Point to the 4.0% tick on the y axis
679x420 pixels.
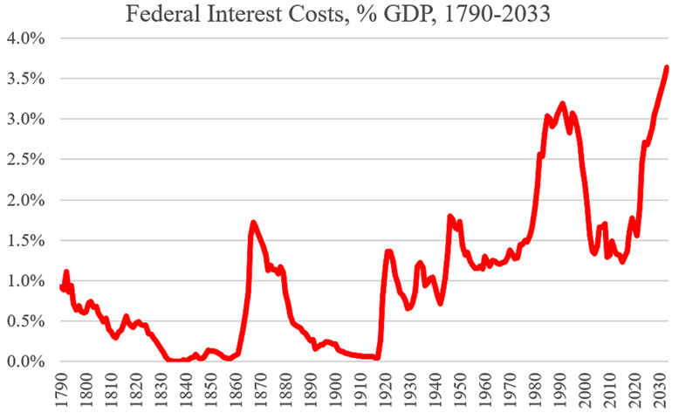point(29,38)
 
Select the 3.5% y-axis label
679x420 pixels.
point(29,79)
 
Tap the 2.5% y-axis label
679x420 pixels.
point(29,160)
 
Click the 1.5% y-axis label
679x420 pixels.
point(29,240)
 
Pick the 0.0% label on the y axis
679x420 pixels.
point(29,361)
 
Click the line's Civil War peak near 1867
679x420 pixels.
point(253,223)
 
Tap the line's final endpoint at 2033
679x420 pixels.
point(667,67)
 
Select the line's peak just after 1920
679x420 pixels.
point(389,251)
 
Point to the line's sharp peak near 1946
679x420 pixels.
point(450,216)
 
